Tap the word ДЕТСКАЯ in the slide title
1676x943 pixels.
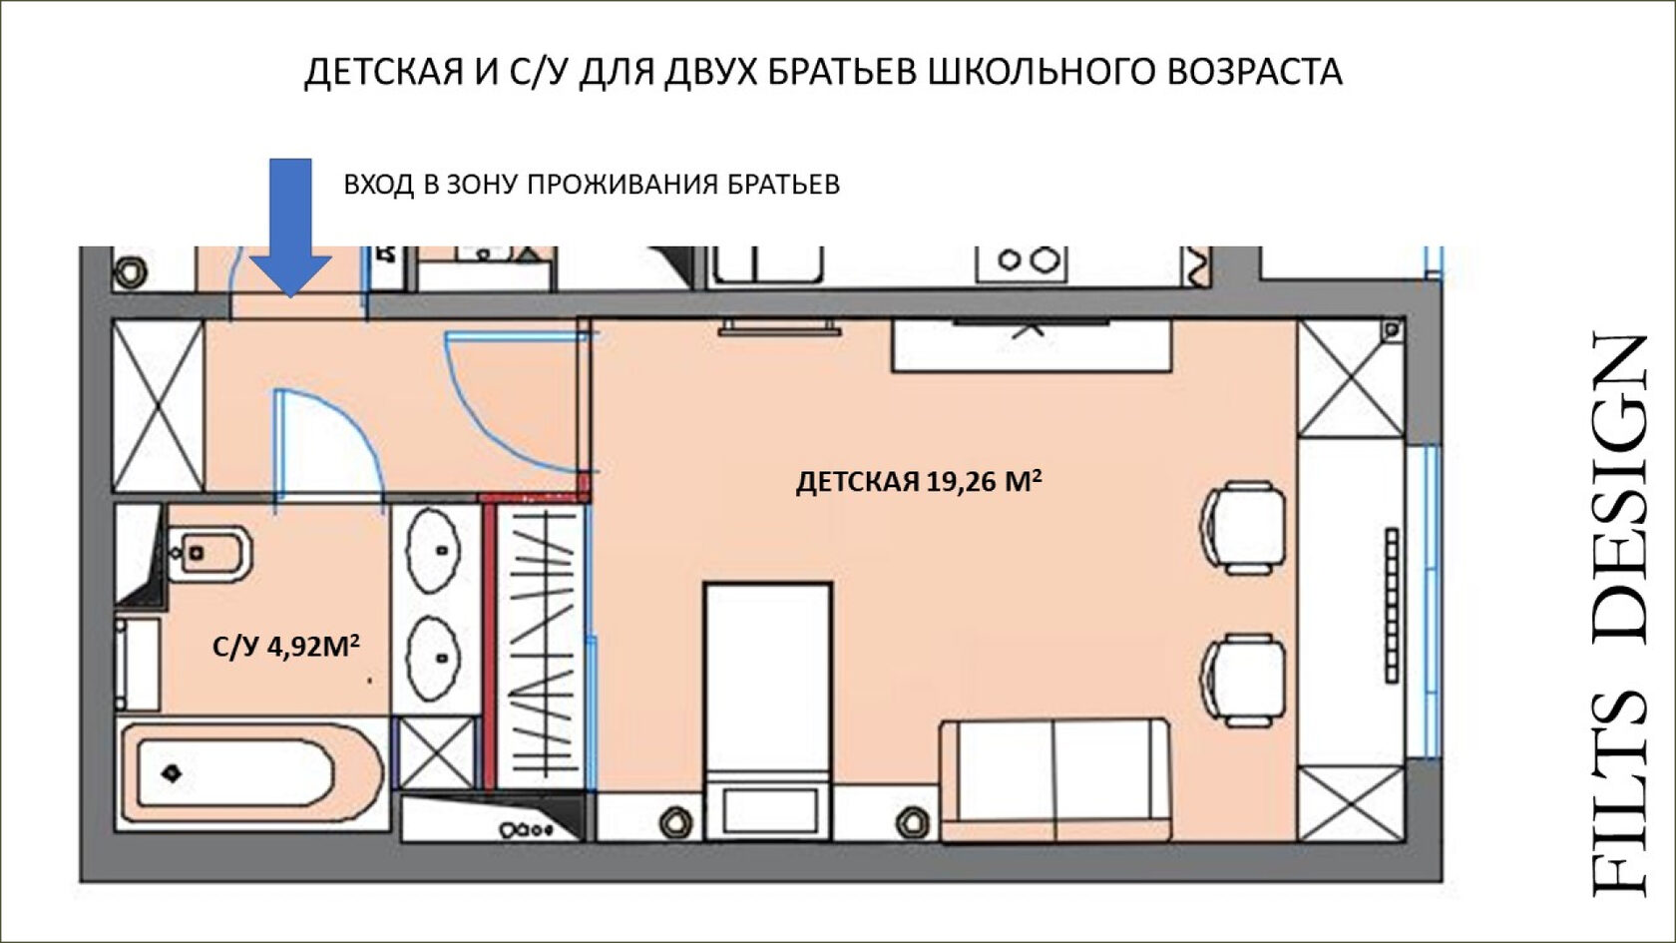[x=383, y=73]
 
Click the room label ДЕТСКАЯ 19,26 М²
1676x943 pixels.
[x=919, y=481]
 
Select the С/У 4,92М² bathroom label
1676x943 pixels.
[x=286, y=646]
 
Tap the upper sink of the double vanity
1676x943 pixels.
[x=433, y=550]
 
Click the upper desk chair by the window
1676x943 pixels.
[x=1243, y=528]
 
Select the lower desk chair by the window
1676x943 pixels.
[x=1243, y=681]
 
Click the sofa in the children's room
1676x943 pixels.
[x=1055, y=780]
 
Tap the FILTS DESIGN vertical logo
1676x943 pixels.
[x=1621, y=615]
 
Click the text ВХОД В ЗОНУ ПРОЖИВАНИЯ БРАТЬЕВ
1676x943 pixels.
[x=592, y=184]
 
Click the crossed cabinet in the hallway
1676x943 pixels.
[x=158, y=405]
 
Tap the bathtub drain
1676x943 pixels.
[x=173, y=773]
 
